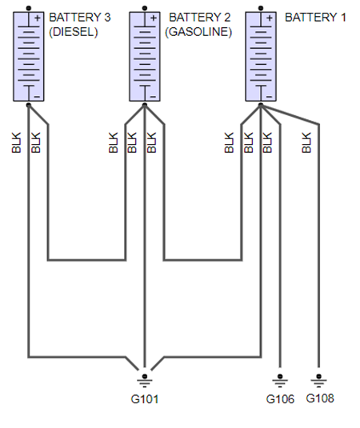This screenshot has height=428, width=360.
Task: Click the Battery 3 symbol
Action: click(29, 54)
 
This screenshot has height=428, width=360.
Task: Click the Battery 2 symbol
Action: click(146, 54)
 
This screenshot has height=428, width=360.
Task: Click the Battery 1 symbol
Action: click(262, 54)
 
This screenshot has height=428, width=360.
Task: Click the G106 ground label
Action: click(281, 398)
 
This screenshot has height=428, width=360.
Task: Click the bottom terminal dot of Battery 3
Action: click(29, 104)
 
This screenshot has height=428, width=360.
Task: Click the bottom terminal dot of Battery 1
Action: click(262, 104)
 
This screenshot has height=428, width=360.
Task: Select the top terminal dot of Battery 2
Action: click(146, 7)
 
